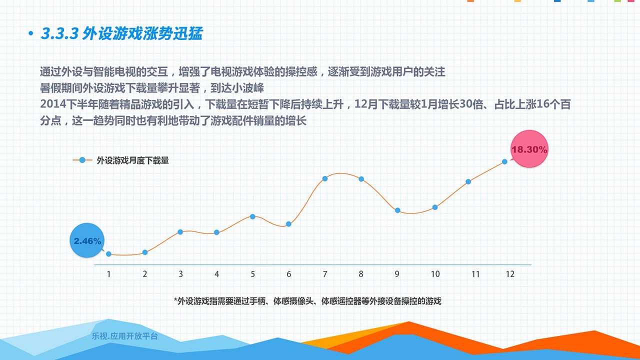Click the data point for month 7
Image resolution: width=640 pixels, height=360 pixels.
click(x=325, y=178)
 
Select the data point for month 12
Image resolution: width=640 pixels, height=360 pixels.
click(x=504, y=161)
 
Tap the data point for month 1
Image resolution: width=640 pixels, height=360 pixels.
click(x=108, y=253)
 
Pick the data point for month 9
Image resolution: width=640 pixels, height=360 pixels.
click(x=397, y=210)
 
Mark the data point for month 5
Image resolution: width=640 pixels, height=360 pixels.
click(x=252, y=216)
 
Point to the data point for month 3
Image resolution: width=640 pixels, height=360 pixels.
click(x=180, y=232)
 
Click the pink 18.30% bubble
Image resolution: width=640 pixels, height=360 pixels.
click(x=529, y=149)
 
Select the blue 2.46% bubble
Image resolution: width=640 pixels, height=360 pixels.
click(x=87, y=240)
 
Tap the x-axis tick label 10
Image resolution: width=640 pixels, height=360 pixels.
click(x=435, y=274)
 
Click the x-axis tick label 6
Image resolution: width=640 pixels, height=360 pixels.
click(x=289, y=274)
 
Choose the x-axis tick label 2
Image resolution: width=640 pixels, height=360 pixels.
click(x=145, y=274)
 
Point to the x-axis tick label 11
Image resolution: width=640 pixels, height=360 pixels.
click(x=475, y=274)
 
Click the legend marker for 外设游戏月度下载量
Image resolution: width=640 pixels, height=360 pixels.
click(x=82, y=160)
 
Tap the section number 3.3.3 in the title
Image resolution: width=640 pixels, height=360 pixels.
click(x=59, y=33)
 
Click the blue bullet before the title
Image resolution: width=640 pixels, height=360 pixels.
click(x=31, y=33)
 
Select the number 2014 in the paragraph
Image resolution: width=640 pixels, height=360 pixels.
click(x=53, y=104)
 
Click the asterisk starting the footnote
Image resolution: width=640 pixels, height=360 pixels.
click(x=175, y=299)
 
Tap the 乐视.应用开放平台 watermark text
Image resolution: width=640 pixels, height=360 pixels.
click(x=125, y=336)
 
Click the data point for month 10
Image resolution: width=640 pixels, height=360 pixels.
click(x=435, y=207)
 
